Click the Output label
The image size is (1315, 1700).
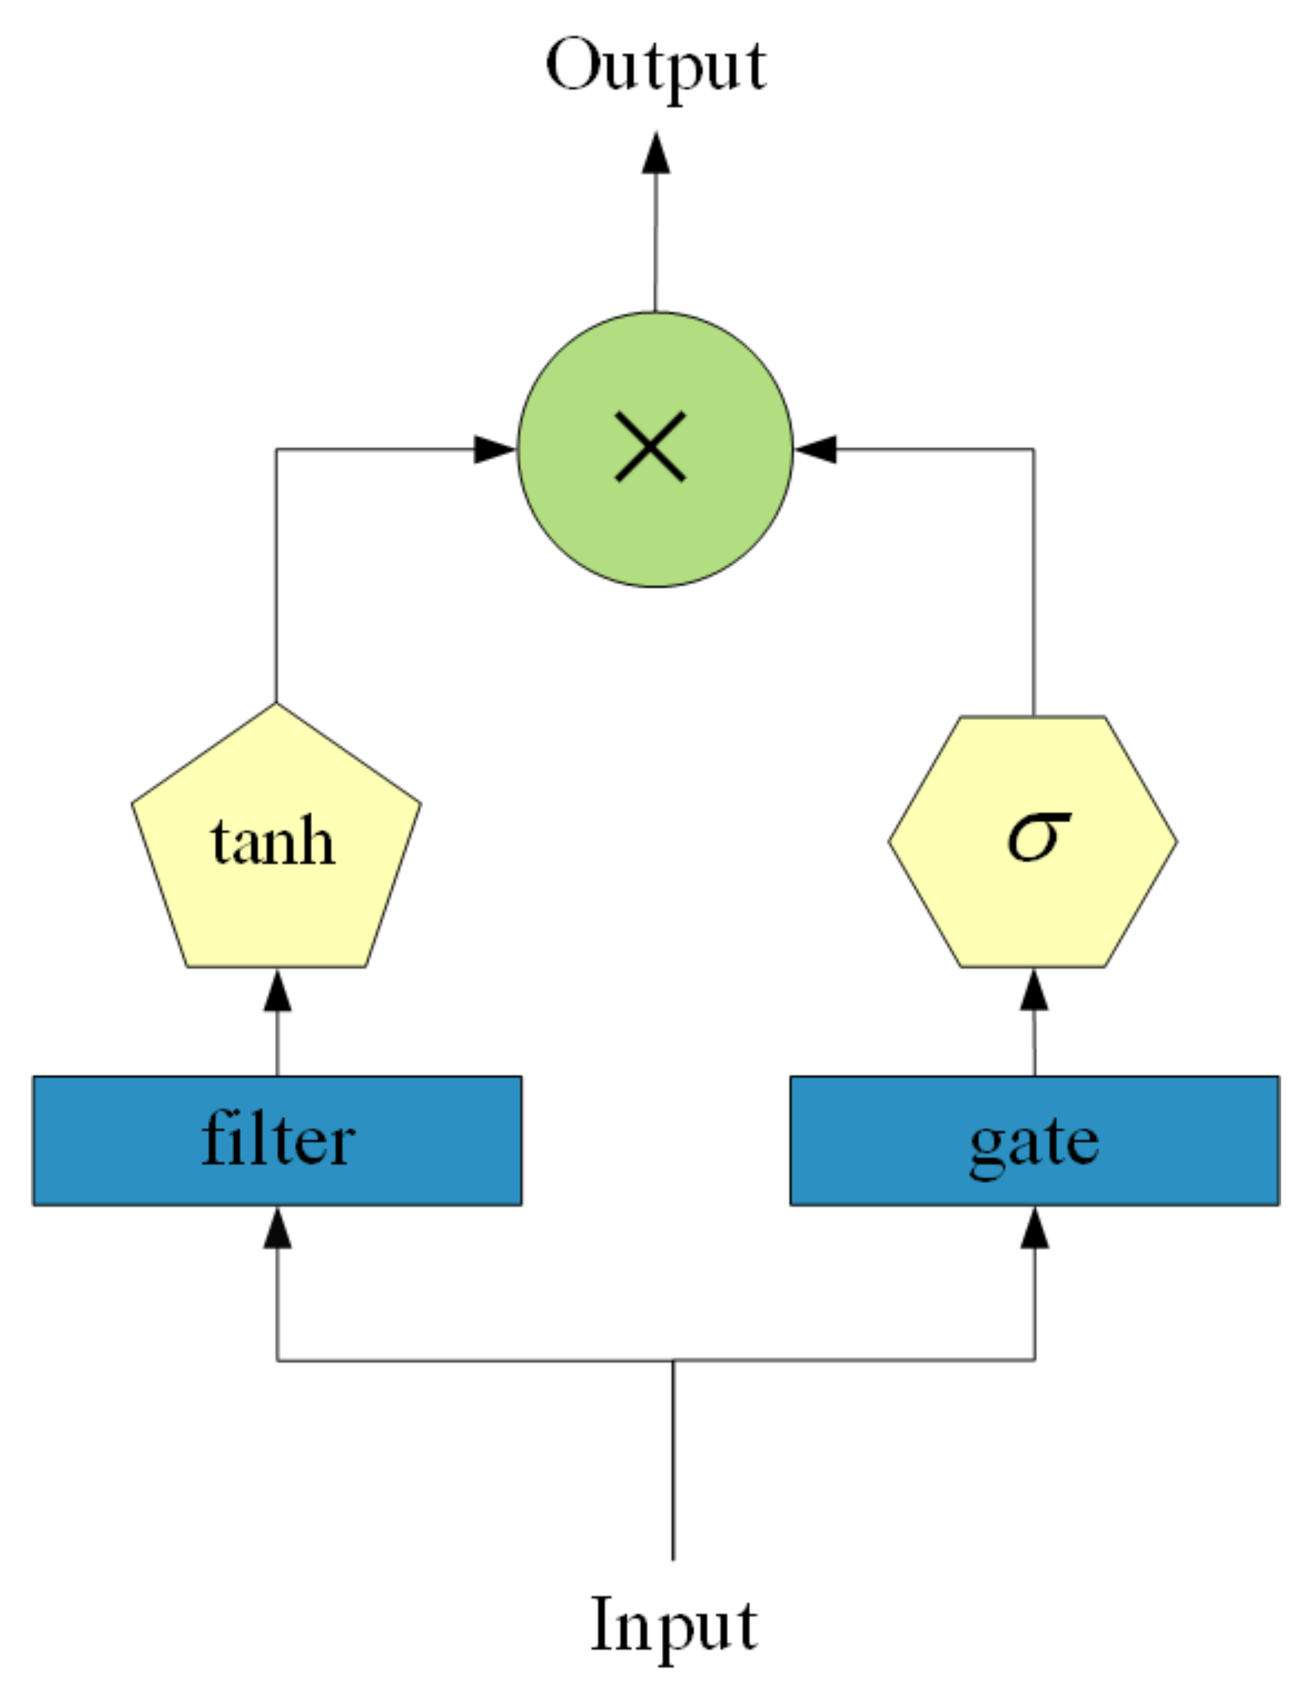pos(656,67)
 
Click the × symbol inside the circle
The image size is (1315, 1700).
pos(651,447)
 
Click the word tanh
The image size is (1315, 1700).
pos(273,842)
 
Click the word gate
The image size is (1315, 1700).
pos(1034,1144)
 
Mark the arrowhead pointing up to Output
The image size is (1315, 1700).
pos(656,154)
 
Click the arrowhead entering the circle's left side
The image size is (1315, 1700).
pos(494,449)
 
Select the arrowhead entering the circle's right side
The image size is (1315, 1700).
pos(816,449)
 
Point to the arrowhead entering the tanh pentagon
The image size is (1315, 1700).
pos(277,992)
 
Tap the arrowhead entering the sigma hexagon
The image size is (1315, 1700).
pos(1034,992)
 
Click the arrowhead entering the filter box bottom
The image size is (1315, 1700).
pos(277,1230)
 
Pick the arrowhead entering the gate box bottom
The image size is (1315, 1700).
pos(1034,1230)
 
